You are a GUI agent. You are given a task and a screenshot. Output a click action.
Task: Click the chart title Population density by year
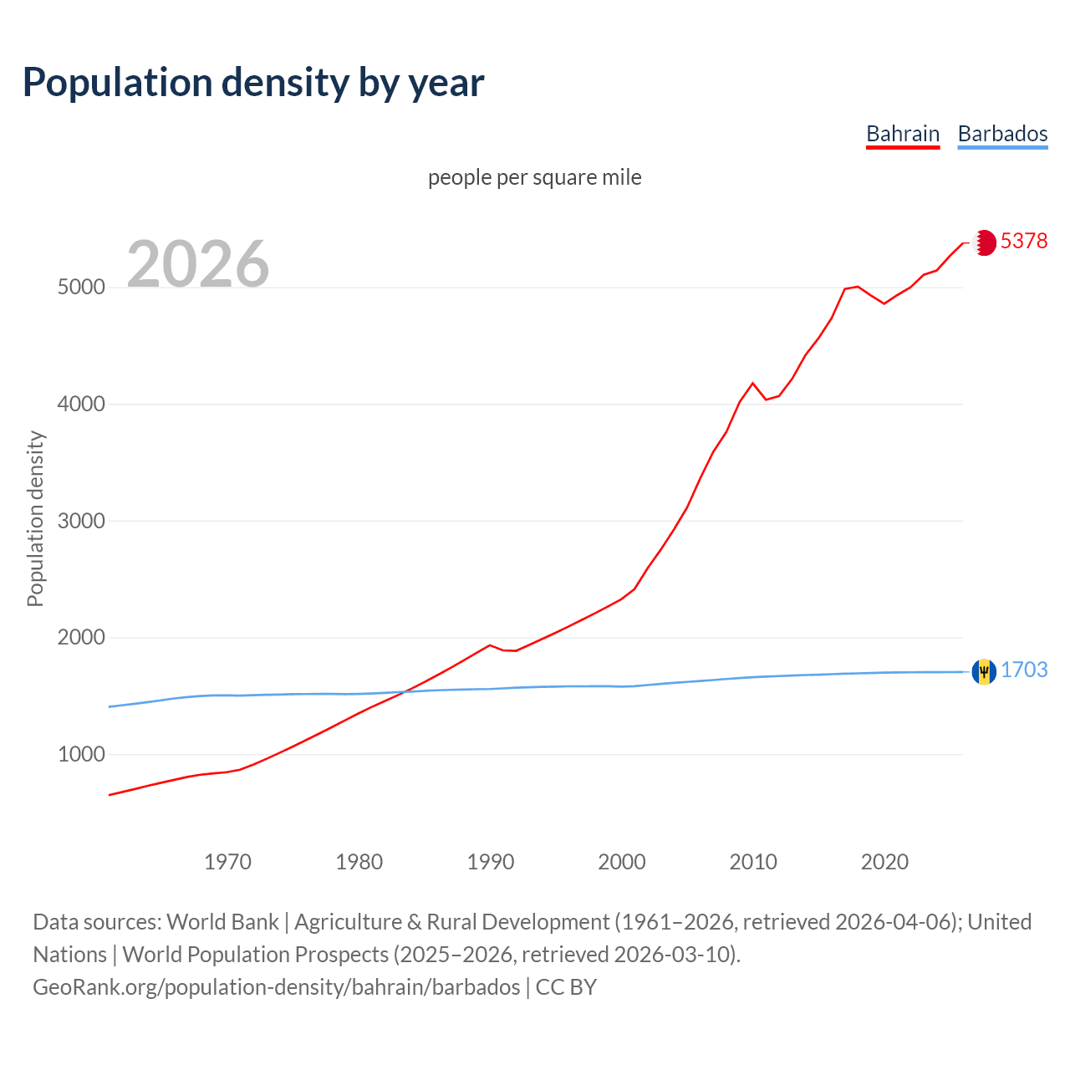[253, 83]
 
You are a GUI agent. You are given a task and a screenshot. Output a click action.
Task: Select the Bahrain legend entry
[903, 134]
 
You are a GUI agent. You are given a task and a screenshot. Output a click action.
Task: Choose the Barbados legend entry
[1002, 134]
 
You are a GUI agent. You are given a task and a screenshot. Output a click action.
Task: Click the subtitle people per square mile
[535, 177]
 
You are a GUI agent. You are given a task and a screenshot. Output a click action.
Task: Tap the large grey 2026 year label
[198, 264]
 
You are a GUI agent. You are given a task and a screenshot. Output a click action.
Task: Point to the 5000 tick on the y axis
[81, 288]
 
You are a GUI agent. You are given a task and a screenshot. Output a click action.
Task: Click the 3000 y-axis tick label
[81, 521]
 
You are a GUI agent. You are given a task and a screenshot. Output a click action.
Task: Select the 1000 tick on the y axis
[81, 754]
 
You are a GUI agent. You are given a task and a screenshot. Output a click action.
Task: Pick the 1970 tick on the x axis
[227, 862]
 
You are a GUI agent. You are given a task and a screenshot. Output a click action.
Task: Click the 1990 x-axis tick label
[491, 862]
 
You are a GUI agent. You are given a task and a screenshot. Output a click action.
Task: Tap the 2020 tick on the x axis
[884, 862]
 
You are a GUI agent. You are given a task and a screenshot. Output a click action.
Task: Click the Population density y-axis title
[35, 518]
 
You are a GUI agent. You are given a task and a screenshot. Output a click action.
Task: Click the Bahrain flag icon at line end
[985, 242]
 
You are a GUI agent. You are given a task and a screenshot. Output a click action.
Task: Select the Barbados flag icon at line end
[984, 671]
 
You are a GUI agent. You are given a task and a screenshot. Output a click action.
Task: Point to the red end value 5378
[1024, 242]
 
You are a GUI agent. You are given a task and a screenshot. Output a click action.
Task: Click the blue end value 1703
[1024, 670]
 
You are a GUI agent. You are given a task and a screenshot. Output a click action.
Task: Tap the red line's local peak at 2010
[752, 383]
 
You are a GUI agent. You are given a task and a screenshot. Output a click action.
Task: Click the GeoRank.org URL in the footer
[277, 987]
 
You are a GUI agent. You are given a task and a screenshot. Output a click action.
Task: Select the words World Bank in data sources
[222, 922]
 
